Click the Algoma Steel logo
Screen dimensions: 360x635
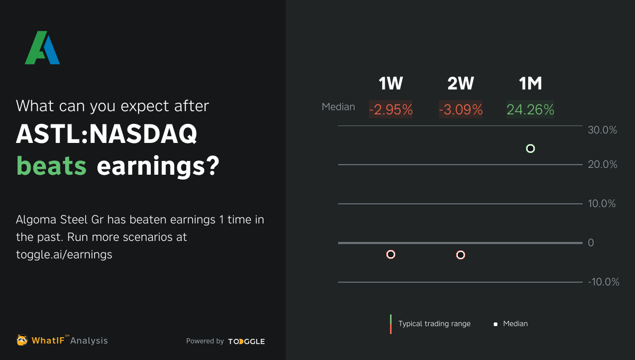coord(42,48)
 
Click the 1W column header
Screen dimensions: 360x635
coord(391,84)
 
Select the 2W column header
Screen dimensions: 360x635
coord(460,84)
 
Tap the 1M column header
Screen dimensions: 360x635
coord(530,84)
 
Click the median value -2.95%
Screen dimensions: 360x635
coord(391,110)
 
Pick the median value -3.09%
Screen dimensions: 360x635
coord(460,110)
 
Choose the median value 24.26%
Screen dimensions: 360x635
coord(530,110)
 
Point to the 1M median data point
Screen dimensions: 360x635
coord(531,149)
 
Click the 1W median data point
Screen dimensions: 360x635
coord(391,255)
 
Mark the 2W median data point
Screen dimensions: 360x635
coord(460,255)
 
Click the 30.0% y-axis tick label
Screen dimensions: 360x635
coord(602,130)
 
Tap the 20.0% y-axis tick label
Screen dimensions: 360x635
coord(602,165)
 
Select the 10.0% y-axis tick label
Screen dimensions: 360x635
coord(602,204)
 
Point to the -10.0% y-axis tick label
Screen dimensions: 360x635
coord(603,282)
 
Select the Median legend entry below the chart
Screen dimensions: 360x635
coord(515,323)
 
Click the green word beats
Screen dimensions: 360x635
coord(51,166)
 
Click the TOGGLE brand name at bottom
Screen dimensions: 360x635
coord(247,341)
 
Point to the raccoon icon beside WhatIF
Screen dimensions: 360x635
coord(22,340)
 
